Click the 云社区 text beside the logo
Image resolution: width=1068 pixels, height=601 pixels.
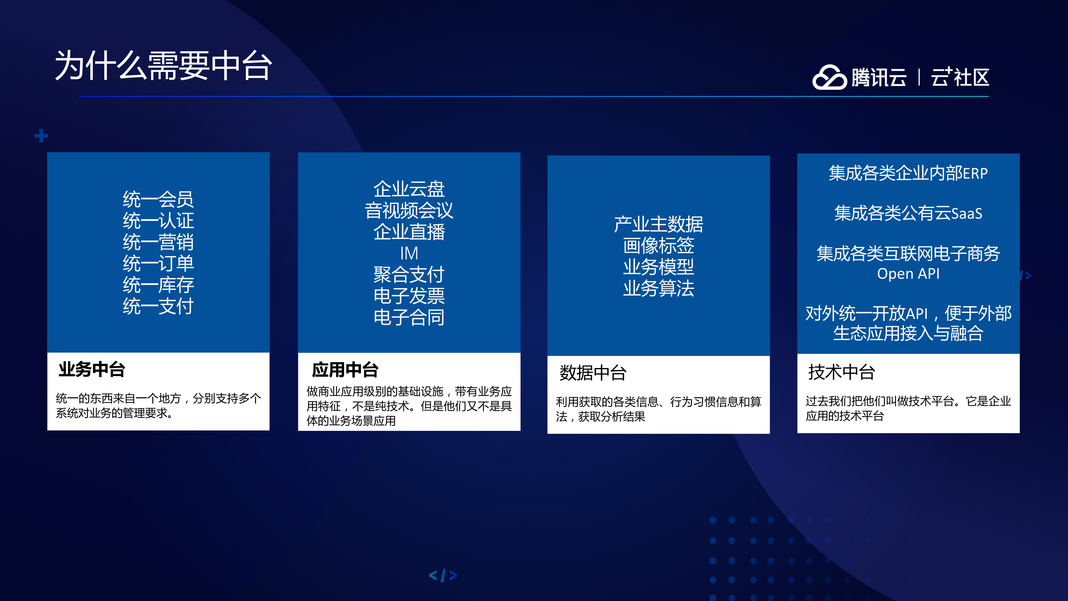coord(960,77)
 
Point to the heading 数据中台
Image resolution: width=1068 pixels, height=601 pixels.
coord(593,372)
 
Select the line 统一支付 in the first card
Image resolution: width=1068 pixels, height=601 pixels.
coord(158,306)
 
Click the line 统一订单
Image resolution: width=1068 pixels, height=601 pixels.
coord(158,263)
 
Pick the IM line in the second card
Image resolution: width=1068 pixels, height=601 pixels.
coord(409,253)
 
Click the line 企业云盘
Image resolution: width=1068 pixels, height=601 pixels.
coord(409,189)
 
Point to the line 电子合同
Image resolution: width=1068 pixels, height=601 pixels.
coord(409,317)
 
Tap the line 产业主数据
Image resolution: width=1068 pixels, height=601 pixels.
coord(658,224)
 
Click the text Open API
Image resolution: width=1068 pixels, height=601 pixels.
coord(908,274)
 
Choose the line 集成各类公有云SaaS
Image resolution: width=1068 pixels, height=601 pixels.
coord(908,213)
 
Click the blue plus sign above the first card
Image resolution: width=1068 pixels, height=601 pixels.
coord(41,136)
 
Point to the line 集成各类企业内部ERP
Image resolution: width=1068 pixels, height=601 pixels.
coord(908,173)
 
